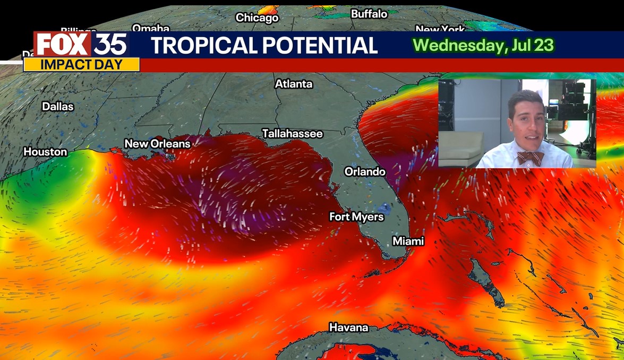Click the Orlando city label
(x=365, y=172)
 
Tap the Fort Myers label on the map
(x=356, y=217)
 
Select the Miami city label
(x=408, y=241)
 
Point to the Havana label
(x=348, y=328)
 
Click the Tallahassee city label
(x=292, y=134)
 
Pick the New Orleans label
(x=157, y=144)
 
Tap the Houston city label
(x=45, y=152)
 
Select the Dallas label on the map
(x=58, y=107)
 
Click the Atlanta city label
(x=294, y=84)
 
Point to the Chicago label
(x=257, y=18)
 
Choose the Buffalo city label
(x=369, y=14)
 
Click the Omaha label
(x=150, y=28)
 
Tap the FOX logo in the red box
(x=63, y=45)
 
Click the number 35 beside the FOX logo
(x=110, y=45)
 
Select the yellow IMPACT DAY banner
(x=81, y=65)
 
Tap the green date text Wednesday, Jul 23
(x=483, y=45)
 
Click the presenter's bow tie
(x=530, y=158)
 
